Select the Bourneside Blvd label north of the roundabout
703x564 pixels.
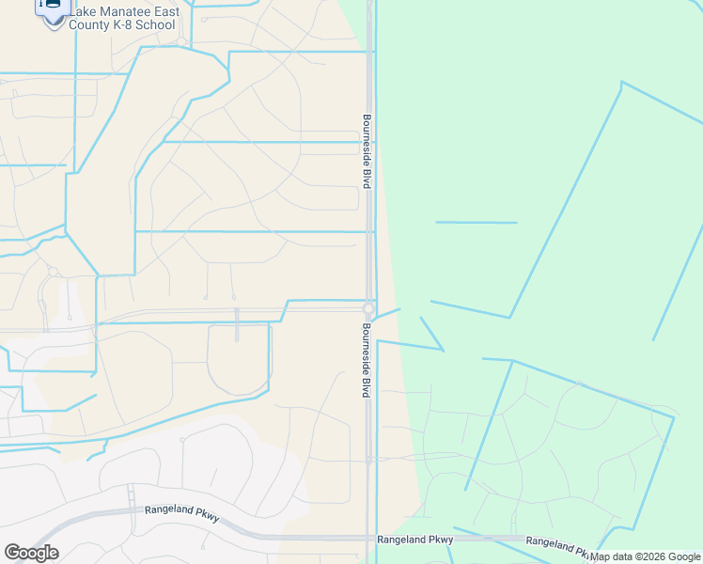tap(367, 151)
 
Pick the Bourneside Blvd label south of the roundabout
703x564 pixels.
tap(366, 360)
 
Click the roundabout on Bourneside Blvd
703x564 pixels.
tap(369, 309)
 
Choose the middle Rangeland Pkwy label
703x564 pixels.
tap(414, 540)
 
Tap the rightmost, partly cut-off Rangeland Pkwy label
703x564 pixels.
tap(558, 542)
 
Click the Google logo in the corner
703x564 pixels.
tap(31, 553)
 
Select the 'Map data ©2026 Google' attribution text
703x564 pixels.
tap(645, 556)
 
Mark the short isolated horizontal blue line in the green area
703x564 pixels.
tap(476, 223)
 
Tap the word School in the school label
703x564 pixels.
tap(155, 24)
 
